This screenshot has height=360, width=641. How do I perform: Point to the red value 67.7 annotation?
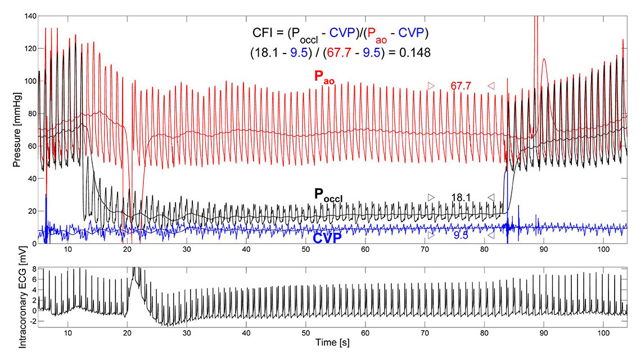pyautogui.click(x=461, y=86)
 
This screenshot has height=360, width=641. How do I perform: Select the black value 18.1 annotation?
pyautogui.click(x=461, y=197)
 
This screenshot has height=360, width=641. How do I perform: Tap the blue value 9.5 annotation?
pyautogui.click(x=461, y=235)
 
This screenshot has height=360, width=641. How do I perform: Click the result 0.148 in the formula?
pyautogui.click(x=417, y=53)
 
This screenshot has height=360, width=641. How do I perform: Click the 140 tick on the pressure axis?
pyautogui.click(x=28, y=16)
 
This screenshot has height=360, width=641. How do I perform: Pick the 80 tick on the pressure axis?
pyautogui.click(x=30, y=114)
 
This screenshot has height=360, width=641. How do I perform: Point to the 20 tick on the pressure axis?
pyautogui.click(x=30, y=211)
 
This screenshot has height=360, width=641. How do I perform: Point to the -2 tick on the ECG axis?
pyautogui.click(x=32, y=321)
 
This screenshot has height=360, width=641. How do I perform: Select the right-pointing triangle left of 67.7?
pyautogui.click(x=431, y=86)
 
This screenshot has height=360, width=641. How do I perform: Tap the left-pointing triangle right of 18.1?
pyautogui.click(x=491, y=197)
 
